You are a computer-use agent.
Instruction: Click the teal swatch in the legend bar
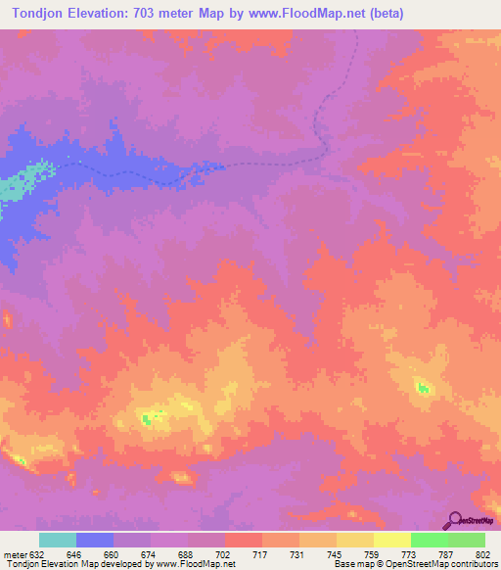[58, 541]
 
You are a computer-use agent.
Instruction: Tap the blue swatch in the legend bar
[95, 541]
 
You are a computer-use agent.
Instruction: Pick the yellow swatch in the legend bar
[392, 541]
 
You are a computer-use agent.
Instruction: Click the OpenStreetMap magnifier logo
[456, 519]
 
